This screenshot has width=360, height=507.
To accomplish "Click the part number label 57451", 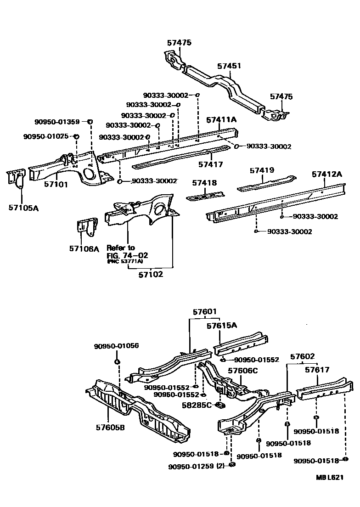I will [229, 67].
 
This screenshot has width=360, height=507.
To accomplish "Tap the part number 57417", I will [211, 164].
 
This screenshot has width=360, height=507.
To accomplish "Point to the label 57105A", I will [23, 208].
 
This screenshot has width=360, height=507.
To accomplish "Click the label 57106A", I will [84, 248].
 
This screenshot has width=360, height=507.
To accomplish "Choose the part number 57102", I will [151, 275].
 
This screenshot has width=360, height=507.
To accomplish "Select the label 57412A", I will [327, 175].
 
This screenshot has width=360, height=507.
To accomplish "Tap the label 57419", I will [262, 170].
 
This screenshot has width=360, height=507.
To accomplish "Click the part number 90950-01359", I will [57, 122].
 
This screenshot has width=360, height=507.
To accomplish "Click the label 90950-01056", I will [117, 346].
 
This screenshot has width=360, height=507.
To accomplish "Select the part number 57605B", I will [111, 428].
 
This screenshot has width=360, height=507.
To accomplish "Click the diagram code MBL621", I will [329, 478].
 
